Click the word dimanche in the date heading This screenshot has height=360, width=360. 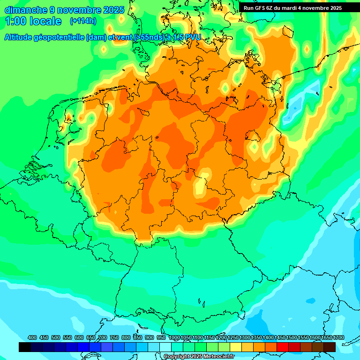[26, 10]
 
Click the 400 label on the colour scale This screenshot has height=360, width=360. [32, 338]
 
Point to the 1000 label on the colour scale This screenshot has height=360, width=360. [174, 338]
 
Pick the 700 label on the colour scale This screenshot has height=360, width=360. [103, 338]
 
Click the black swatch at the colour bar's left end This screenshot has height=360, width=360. [24, 347]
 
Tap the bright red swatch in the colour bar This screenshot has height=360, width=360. [283, 347]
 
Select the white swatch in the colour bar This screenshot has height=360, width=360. [165, 347]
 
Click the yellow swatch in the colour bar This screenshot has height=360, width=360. [236, 347]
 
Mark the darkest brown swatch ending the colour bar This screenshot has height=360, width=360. [330, 347]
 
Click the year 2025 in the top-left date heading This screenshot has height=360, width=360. [112, 10]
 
